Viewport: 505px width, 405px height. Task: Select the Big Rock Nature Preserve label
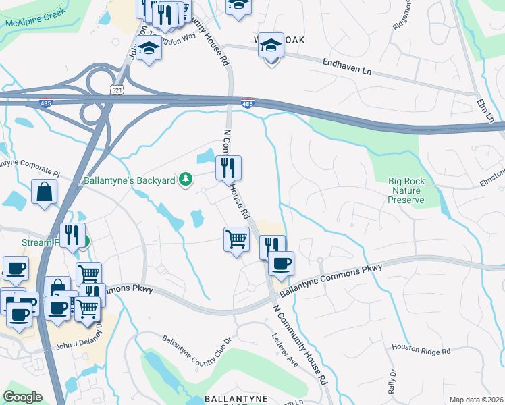[x=406, y=190]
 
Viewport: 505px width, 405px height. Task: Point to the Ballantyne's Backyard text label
[x=130, y=180]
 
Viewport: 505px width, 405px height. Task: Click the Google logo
[x=22, y=397]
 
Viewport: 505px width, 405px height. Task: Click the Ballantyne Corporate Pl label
[x=27, y=164]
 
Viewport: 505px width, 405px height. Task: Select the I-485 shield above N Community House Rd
[x=248, y=103]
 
